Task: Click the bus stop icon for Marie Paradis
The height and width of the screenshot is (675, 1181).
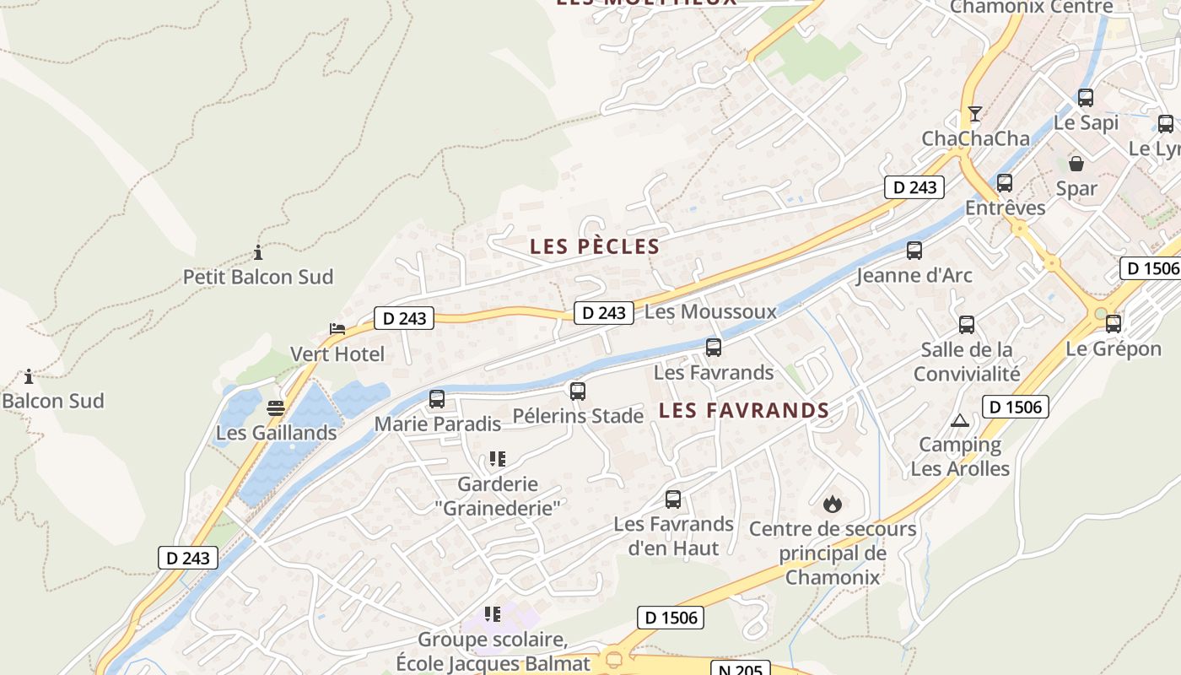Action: (437, 399)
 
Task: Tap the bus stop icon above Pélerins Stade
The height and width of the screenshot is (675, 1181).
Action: (578, 391)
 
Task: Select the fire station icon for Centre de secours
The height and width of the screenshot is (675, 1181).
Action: (833, 505)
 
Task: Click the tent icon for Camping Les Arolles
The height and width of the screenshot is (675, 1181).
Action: (960, 420)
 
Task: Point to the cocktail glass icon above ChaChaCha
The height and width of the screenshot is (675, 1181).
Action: (975, 114)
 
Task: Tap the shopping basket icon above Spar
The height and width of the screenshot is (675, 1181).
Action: (1076, 164)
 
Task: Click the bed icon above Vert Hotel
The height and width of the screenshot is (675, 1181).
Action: (337, 329)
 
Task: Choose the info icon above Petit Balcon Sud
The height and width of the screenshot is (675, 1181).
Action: (258, 252)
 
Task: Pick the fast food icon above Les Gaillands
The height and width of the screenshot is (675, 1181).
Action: (276, 409)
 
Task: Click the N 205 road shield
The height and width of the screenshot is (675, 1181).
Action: (741, 669)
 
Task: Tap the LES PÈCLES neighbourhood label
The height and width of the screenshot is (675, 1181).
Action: (595, 246)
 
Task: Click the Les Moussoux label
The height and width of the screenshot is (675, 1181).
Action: (710, 311)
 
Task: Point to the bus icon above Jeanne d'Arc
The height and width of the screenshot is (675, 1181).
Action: (914, 251)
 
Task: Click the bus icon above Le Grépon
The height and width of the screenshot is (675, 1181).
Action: (1114, 324)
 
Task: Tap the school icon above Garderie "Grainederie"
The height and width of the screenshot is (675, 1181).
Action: (498, 460)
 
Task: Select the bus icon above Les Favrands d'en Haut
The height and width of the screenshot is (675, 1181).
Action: (673, 499)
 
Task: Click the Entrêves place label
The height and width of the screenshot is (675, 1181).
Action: (1005, 208)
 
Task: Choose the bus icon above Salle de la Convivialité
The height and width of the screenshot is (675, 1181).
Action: (967, 325)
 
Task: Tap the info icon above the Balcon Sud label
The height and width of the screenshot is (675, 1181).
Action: (29, 376)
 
